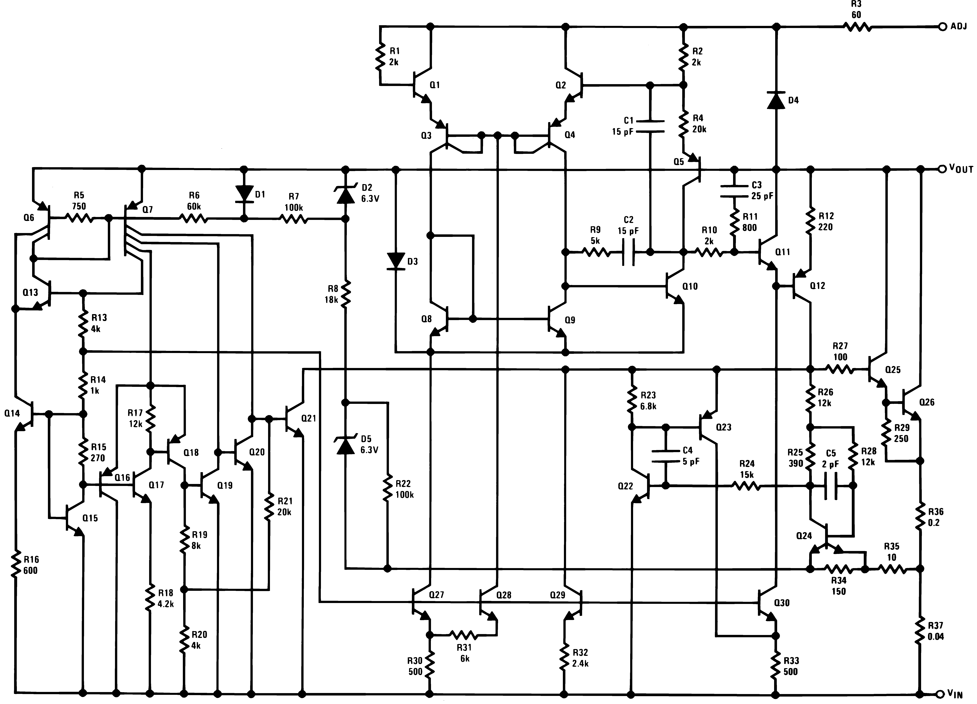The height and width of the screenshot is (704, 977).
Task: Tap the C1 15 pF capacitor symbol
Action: tap(650, 126)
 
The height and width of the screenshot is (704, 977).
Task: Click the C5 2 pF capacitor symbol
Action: tap(831, 486)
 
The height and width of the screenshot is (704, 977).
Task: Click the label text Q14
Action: tap(12, 413)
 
